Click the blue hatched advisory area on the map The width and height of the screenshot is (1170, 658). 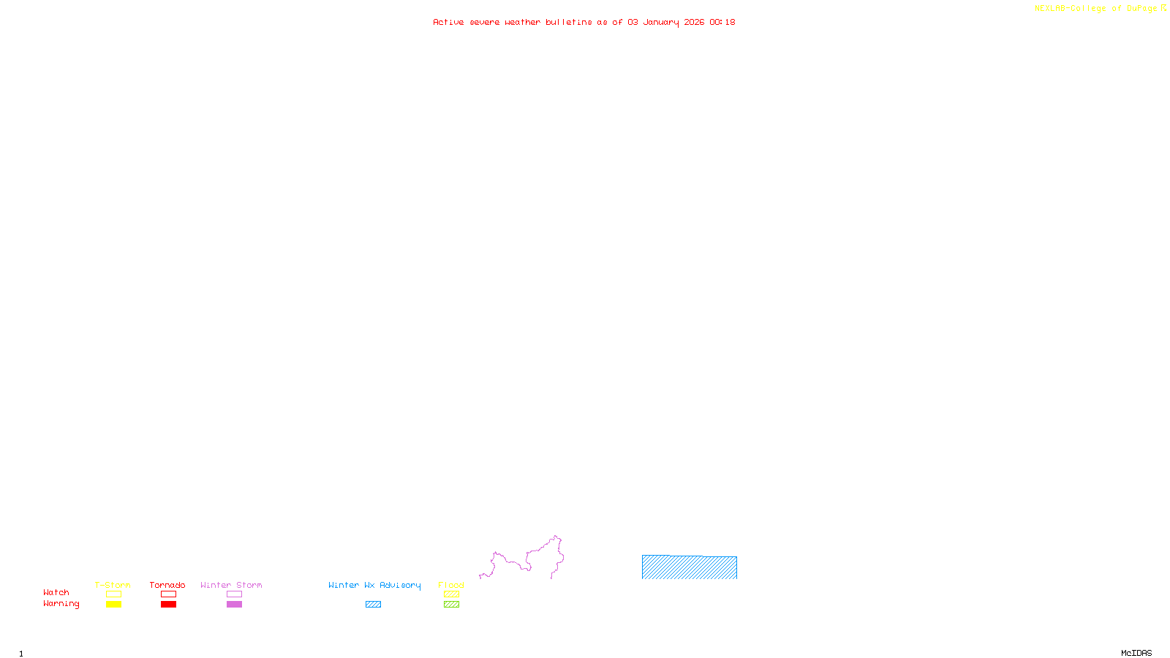pos(689,567)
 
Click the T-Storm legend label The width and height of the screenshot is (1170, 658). pos(113,585)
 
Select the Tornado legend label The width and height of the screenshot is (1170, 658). pos(167,585)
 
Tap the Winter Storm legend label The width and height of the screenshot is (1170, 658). pos(231,585)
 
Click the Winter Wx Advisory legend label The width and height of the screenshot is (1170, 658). pos(374,585)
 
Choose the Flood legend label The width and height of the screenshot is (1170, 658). pos(451,585)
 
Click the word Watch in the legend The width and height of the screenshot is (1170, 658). pos(56,592)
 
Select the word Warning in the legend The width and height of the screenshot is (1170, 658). pos(61,604)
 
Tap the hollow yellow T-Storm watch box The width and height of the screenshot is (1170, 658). pos(113,594)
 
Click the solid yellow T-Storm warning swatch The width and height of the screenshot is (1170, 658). pos(113,605)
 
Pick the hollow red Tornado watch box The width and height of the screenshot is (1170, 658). pos(168,594)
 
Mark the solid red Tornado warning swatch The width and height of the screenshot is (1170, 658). pos(168,605)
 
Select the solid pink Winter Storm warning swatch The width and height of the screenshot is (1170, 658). pos(234,605)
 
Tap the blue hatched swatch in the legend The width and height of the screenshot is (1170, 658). pos(373,605)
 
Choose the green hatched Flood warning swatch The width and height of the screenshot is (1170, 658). pos(451,605)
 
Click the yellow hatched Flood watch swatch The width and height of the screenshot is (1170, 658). pos(451,594)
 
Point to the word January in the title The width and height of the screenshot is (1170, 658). pos(661,22)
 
